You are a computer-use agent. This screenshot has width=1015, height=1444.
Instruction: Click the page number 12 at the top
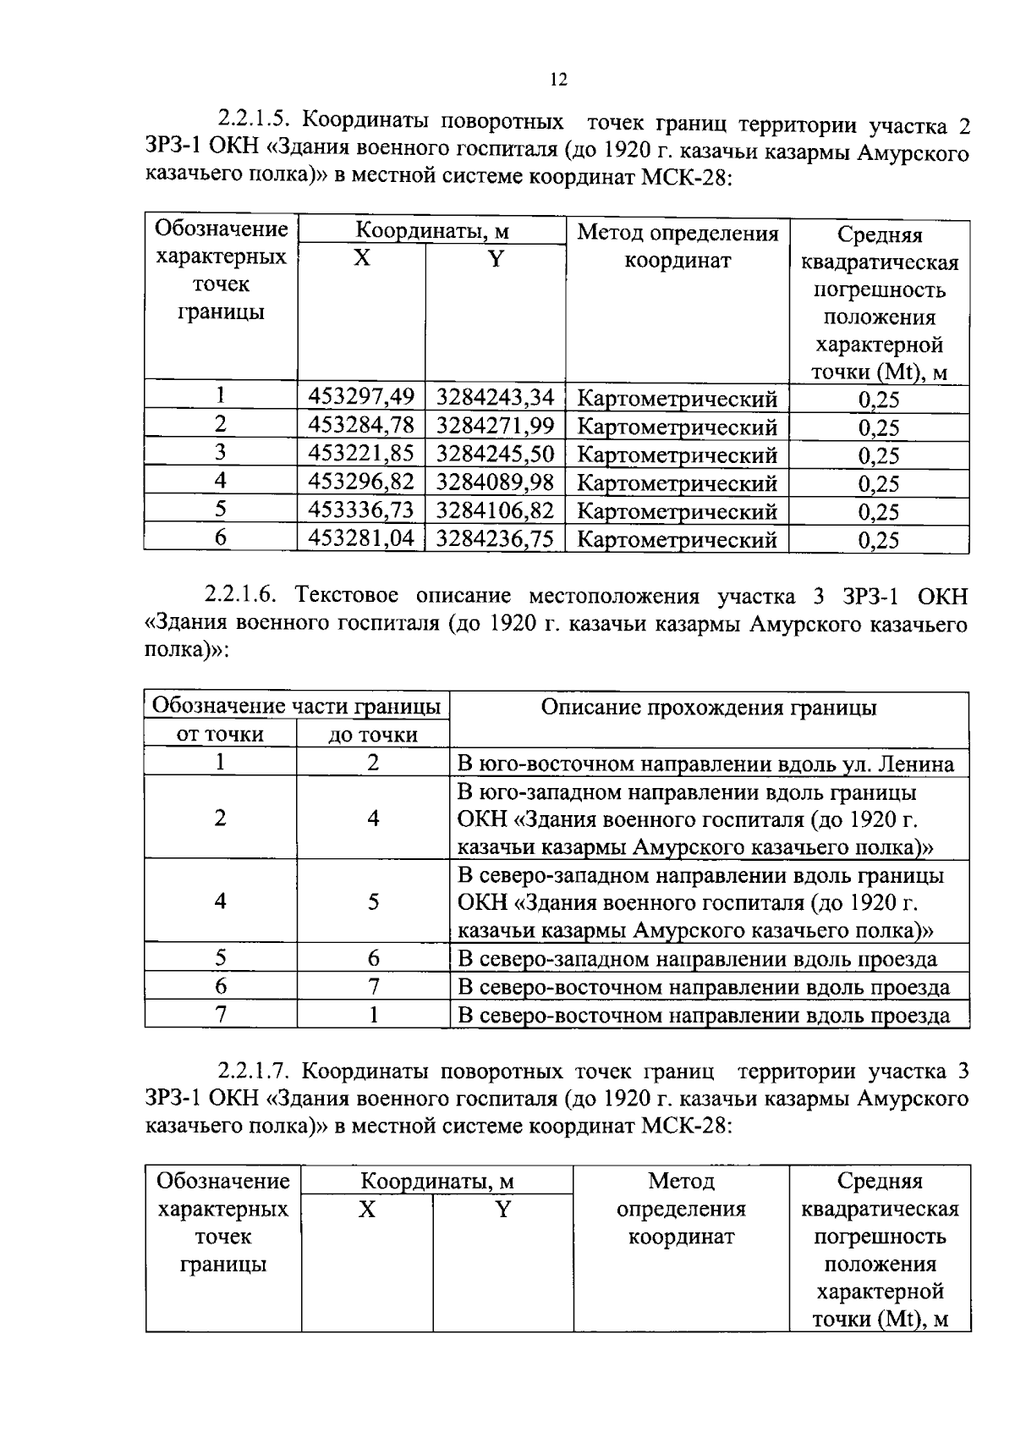tap(557, 80)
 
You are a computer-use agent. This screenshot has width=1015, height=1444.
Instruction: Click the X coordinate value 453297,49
tap(361, 396)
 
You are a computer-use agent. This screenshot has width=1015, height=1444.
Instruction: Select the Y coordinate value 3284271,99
tap(495, 425)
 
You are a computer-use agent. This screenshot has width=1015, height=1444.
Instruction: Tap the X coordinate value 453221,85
tap(361, 454)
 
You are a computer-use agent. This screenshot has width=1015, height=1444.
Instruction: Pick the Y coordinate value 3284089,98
tap(495, 482)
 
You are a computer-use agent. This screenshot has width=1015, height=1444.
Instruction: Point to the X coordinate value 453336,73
tap(361, 510)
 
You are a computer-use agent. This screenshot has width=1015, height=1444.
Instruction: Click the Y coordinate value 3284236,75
tap(495, 539)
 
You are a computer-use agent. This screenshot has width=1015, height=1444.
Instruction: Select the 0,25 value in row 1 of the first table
tap(879, 400)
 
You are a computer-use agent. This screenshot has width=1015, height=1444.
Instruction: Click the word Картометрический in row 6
tap(677, 540)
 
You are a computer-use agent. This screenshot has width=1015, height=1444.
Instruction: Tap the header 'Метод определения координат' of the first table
tap(678, 246)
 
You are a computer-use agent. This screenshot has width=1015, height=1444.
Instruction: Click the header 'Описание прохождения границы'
tap(709, 708)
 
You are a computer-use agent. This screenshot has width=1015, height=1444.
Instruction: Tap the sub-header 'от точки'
tap(220, 734)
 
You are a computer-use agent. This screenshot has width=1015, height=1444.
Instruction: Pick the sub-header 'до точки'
tap(373, 735)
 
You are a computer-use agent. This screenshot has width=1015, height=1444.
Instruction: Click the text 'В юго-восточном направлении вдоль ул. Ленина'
tap(705, 764)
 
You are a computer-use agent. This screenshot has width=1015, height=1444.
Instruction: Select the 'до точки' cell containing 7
tap(373, 986)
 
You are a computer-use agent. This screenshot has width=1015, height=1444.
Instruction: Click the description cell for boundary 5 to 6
tap(697, 959)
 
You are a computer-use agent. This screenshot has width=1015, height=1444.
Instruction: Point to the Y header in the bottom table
tap(503, 1209)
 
